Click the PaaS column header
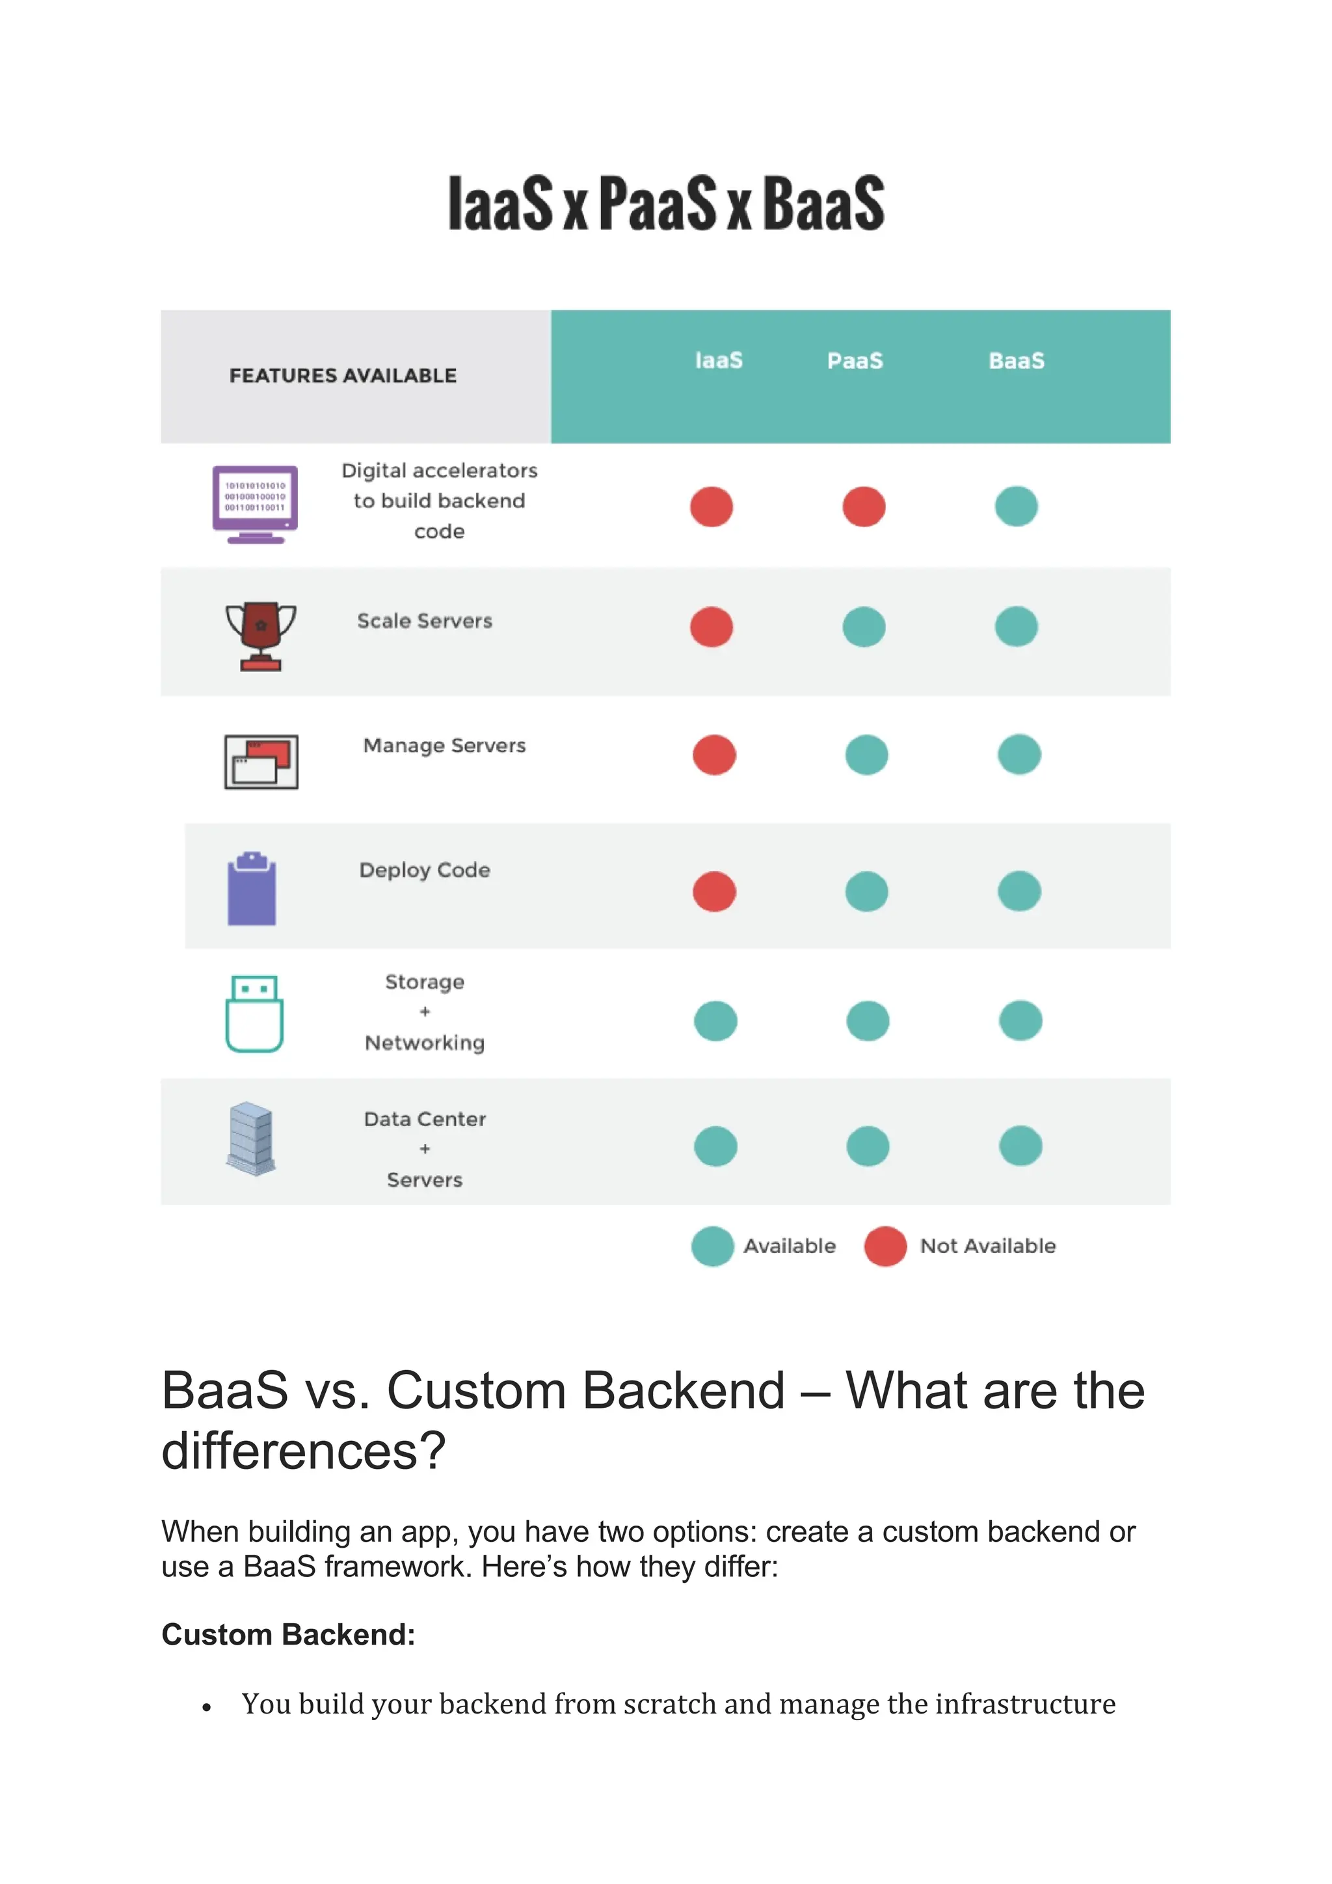pyautogui.click(x=855, y=361)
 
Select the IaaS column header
pyautogui.click(x=719, y=361)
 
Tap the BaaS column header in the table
pyautogui.click(x=1016, y=361)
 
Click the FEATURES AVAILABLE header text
pyautogui.click(x=343, y=376)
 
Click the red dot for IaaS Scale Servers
pyautogui.click(x=711, y=627)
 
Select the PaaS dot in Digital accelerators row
pyautogui.click(x=864, y=506)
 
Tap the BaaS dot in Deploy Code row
pyautogui.click(x=1020, y=891)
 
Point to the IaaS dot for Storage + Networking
pyautogui.click(x=715, y=1021)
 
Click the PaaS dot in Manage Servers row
pyautogui.click(x=866, y=755)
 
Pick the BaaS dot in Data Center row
pyautogui.click(x=1020, y=1146)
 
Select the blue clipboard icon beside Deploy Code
pyautogui.click(x=252, y=889)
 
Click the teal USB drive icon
pyautogui.click(x=254, y=1014)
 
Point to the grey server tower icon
pyautogui.click(x=251, y=1139)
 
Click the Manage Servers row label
pyautogui.click(x=445, y=746)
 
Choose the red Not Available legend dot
pyautogui.click(x=885, y=1246)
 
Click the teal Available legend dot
pyautogui.click(x=712, y=1246)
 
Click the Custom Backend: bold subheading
pyautogui.click(x=289, y=1635)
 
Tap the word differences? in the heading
pyautogui.click(x=304, y=1451)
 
